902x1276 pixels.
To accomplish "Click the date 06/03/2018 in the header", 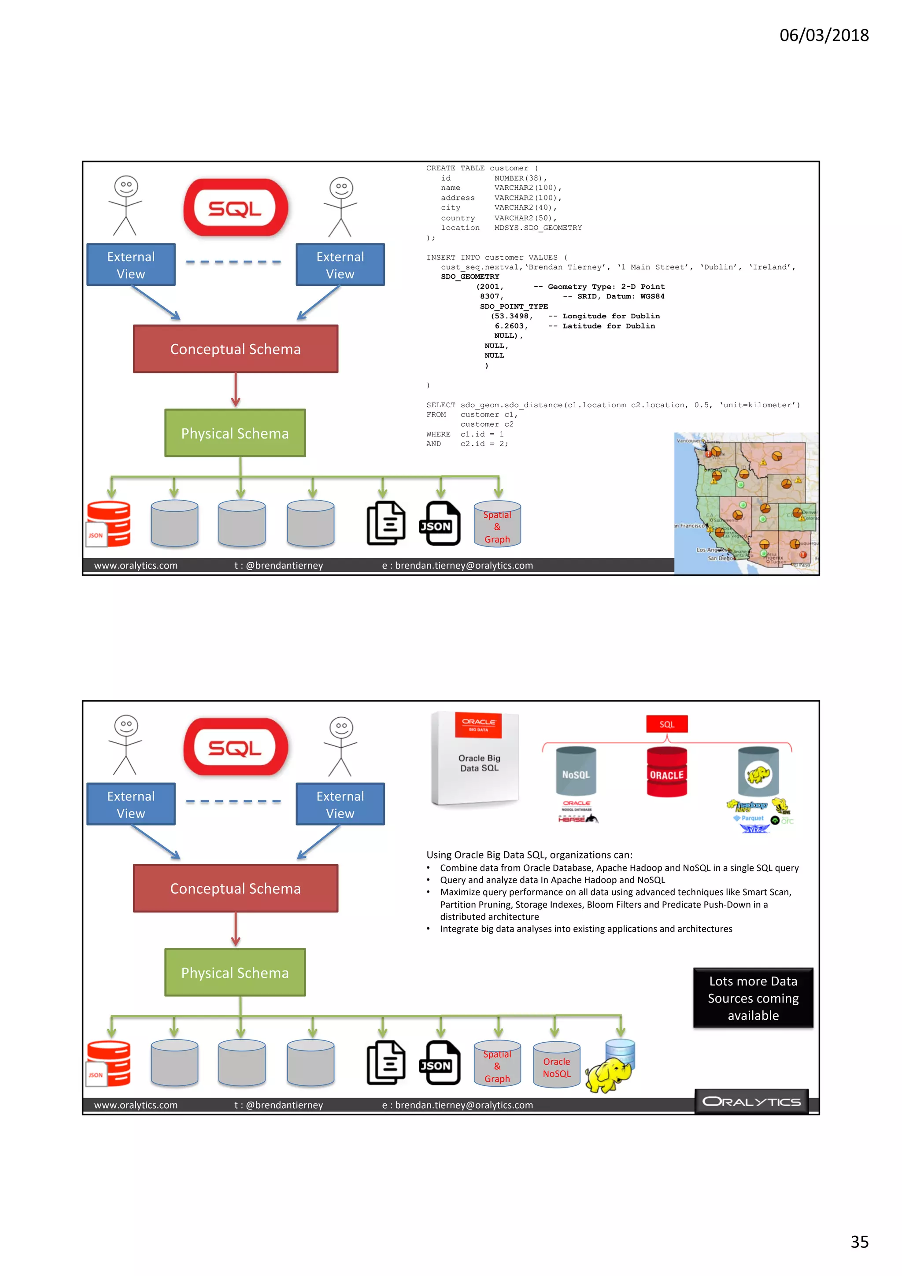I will [824, 36].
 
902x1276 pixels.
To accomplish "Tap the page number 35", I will [859, 1242].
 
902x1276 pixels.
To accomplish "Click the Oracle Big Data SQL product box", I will [475, 758].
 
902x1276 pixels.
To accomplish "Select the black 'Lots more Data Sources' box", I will [753, 998].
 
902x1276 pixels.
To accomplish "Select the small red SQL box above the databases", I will [666, 724].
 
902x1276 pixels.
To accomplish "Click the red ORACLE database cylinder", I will [666, 772].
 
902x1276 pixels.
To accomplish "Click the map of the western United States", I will [746, 502].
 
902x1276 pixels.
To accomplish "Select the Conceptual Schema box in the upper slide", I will [235, 349].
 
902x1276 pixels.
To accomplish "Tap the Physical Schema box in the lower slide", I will [235, 973].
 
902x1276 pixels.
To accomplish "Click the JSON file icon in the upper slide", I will [440, 524].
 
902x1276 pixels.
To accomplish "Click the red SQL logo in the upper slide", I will [236, 208].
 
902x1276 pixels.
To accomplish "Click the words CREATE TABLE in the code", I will [455, 168].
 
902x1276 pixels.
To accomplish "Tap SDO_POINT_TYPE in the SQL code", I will [514, 306].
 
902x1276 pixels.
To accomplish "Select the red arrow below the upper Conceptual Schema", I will [236, 390].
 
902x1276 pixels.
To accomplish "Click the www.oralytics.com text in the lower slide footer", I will [136, 1105].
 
